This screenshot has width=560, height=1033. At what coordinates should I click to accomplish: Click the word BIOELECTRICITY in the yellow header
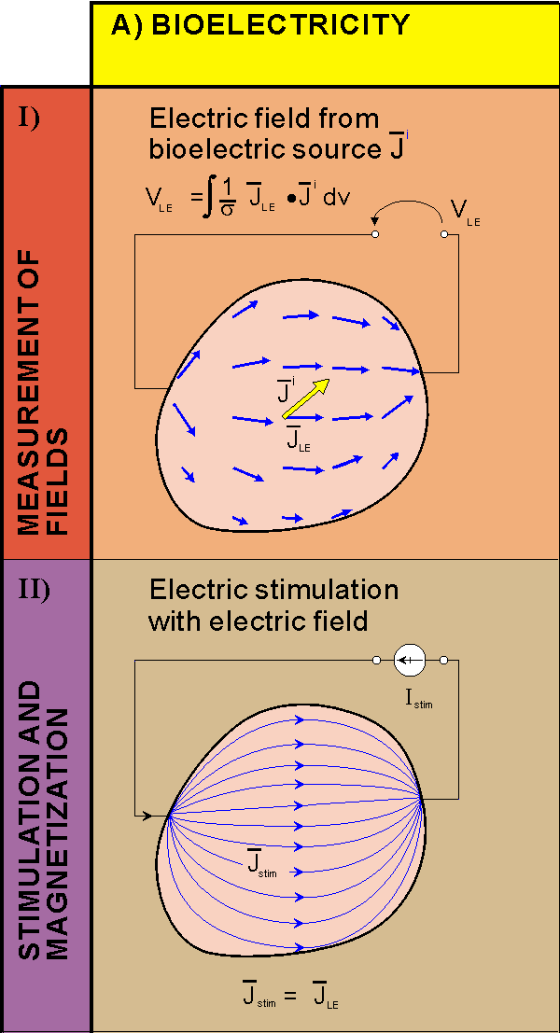(x=280, y=25)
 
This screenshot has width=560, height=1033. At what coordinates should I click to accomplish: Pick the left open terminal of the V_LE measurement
(x=375, y=234)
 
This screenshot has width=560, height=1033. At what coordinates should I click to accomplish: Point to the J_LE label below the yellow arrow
(x=297, y=439)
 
